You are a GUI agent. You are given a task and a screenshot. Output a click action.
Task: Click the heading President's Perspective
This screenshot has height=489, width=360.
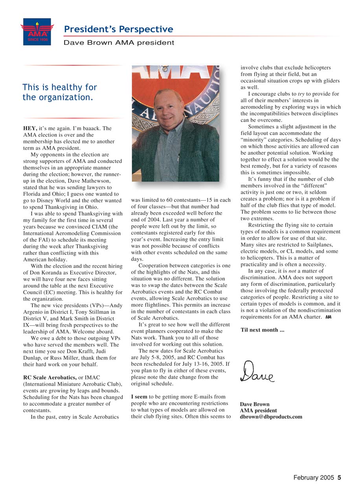click(x=118, y=29)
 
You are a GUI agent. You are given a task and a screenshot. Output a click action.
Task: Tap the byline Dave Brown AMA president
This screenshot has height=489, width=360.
click(x=119, y=42)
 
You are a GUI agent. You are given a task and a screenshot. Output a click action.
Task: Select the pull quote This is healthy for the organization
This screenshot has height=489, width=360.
click(x=59, y=92)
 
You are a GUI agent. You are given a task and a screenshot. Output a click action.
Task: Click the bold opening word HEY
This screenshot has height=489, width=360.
click(x=30, y=128)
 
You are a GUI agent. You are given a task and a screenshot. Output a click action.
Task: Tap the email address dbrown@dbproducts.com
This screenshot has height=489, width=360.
click(x=271, y=417)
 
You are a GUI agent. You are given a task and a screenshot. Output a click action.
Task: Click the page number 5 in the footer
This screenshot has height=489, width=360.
click(x=339, y=478)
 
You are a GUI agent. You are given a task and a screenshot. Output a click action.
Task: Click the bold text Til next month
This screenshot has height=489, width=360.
click(x=262, y=330)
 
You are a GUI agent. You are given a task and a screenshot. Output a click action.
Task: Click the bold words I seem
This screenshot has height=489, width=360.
click(x=139, y=397)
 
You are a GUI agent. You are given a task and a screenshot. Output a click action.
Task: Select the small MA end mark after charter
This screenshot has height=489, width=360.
click(x=328, y=317)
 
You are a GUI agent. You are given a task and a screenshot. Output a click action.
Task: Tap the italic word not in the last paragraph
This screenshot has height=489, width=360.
click(x=292, y=271)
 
